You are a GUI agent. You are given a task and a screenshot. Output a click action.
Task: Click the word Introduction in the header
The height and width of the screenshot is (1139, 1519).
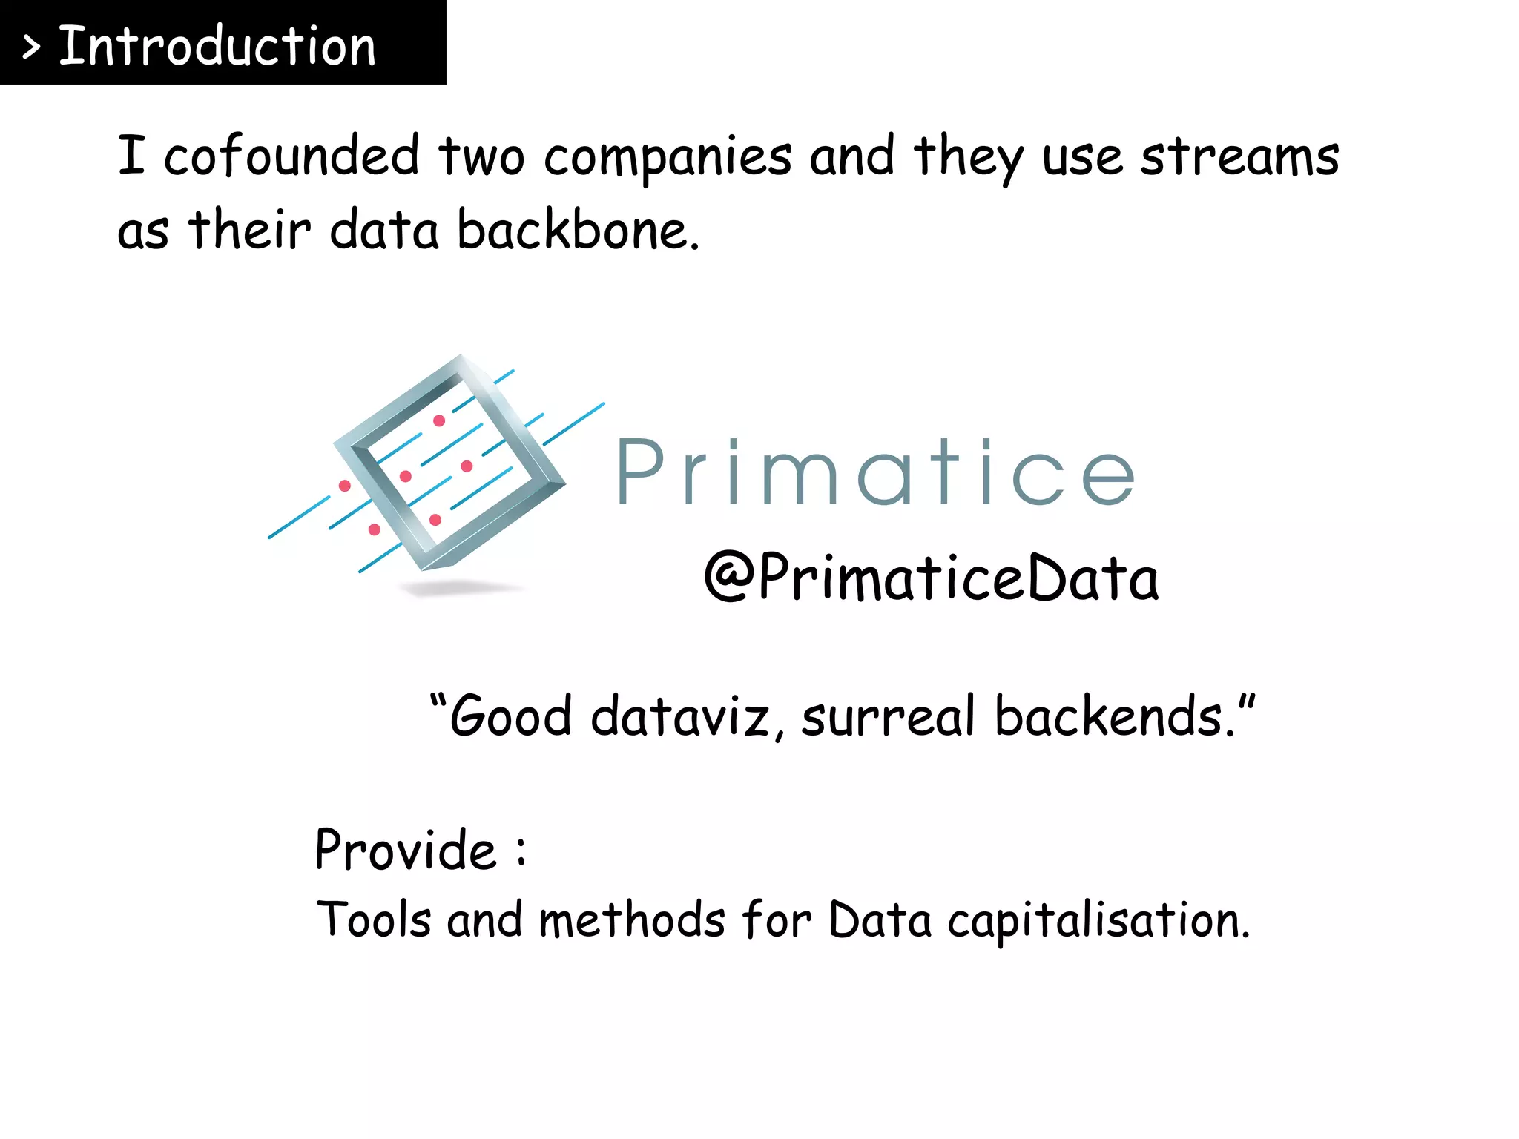click(217, 46)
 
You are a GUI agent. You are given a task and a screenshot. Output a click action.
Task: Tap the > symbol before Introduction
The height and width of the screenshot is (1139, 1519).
click(31, 48)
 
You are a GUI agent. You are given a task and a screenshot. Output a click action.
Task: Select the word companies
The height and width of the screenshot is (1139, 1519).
click(668, 158)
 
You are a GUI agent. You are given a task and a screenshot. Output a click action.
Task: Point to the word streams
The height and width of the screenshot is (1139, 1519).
click(1239, 156)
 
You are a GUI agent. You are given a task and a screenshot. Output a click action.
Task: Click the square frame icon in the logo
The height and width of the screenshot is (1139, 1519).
click(449, 463)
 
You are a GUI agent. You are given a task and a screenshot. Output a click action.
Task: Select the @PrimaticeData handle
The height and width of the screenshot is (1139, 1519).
click(931, 578)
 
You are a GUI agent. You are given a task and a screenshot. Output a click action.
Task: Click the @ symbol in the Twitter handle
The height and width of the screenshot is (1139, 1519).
click(729, 577)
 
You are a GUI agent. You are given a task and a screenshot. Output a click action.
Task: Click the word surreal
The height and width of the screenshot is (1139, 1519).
click(888, 716)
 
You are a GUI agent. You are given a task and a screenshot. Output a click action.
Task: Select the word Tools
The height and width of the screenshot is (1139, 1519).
click(373, 920)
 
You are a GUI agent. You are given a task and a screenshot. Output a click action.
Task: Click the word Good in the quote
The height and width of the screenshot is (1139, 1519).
click(510, 716)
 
